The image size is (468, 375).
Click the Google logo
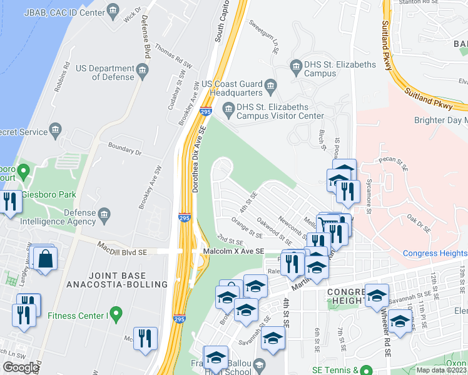point(21,367)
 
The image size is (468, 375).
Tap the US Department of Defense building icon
point(143,69)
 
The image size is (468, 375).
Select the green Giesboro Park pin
point(23,170)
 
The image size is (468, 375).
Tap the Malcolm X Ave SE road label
point(233,251)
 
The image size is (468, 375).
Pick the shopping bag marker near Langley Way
point(46,259)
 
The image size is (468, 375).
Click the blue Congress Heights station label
point(434,253)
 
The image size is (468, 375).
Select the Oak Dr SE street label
point(420,221)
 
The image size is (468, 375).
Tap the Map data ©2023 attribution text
point(442,370)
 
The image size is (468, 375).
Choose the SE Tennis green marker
point(368,371)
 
